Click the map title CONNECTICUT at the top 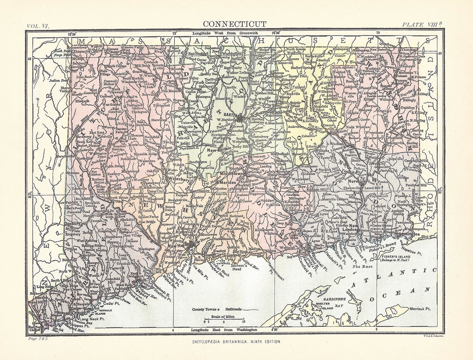click(234, 24)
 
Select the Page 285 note click(38, 338)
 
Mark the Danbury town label click(73, 223)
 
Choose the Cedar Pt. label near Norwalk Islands click(113, 303)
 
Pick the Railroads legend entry click(232, 309)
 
